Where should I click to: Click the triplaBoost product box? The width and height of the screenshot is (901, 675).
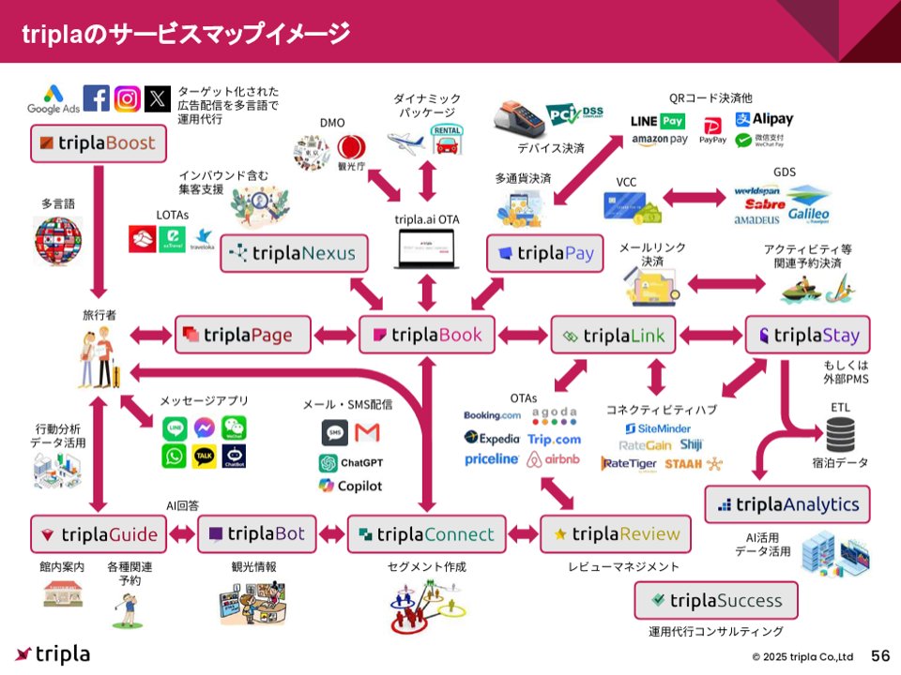click(x=99, y=145)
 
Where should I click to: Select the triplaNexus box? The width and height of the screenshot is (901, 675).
click(x=294, y=253)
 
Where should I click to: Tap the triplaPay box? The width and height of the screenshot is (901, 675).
click(x=544, y=253)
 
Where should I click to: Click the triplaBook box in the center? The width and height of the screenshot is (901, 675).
click(x=427, y=335)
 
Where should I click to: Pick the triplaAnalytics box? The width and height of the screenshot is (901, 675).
click(x=786, y=504)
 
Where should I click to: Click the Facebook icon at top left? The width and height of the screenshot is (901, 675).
click(x=96, y=97)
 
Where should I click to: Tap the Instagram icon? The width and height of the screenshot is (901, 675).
click(x=128, y=97)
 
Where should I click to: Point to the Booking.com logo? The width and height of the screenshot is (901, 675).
click(x=492, y=415)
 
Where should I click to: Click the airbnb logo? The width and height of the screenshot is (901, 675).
click(x=553, y=459)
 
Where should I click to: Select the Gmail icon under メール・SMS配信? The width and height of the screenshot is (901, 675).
click(x=368, y=432)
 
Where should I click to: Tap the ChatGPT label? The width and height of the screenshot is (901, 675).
click(x=350, y=462)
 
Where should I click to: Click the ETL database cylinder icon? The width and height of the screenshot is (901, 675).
click(x=840, y=434)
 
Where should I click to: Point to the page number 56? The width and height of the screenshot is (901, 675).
click(x=880, y=654)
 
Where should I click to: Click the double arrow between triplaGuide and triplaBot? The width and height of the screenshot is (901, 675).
click(x=182, y=534)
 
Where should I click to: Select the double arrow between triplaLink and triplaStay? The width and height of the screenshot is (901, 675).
click(x=710, y=335)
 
